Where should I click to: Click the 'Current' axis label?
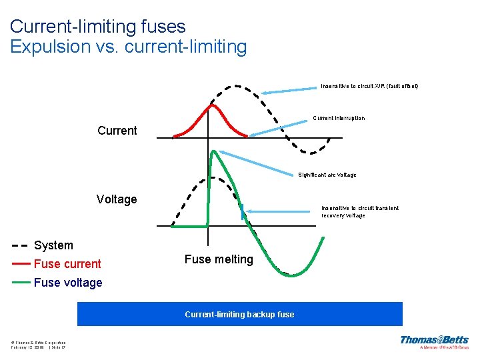[117, 130]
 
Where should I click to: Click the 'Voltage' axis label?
[117, 199]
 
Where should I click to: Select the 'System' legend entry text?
[53, 245]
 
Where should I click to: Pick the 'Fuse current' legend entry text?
[67, 264]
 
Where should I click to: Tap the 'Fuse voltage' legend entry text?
[68, 283]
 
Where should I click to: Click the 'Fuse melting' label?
[219, 259]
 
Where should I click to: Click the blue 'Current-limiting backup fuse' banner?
[240, 314]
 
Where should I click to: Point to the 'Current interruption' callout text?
[339, 118]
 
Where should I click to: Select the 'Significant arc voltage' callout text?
[327, 175]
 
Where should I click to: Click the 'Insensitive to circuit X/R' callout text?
[369, 86]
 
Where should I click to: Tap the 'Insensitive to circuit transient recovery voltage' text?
[360, 211]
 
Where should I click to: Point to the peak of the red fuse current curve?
[213, 105]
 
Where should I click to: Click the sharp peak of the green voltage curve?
[214, 151]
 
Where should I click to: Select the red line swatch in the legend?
[21, 264]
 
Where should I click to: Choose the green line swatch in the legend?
[21, 282]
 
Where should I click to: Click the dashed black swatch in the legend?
[21, 245]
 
